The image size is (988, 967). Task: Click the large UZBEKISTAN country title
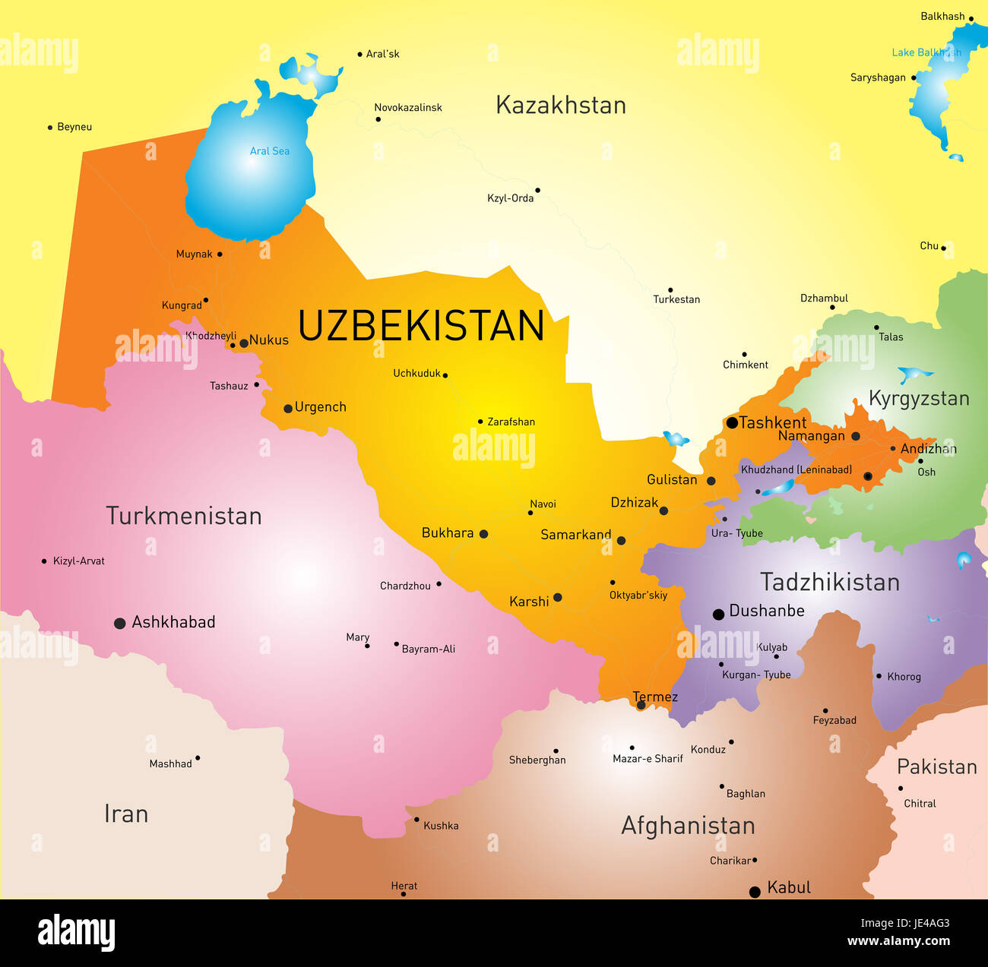(421, 326)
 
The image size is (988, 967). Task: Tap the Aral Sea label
(270, 151)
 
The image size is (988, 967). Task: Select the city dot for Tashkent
(732, 422)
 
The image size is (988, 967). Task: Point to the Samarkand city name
(575, 535)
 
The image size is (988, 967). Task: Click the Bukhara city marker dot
(483, 534)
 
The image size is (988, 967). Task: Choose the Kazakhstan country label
(561, 105)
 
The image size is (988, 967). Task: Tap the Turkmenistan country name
(184, 516)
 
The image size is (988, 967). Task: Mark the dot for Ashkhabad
(119, 624)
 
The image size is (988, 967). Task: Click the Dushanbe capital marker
(718, 615)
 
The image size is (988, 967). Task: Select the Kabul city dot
(755, 892)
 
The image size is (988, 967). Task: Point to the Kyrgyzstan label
(919, 398)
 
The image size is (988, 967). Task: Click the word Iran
(126, 814)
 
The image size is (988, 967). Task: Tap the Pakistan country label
(936, 766)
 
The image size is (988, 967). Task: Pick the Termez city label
(654, 697)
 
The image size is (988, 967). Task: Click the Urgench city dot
(288, 409)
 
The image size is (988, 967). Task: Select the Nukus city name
(269, 340)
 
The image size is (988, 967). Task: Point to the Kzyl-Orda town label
(510, 198)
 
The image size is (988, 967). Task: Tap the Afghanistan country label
(688, 826)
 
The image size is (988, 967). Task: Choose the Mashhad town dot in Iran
(198, 757)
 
